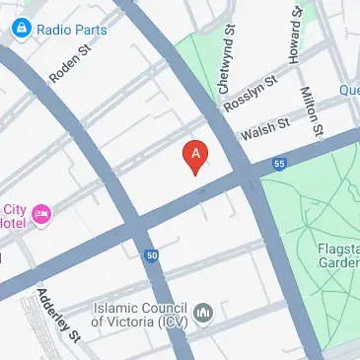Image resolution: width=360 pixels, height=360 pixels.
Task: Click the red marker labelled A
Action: click(196, 156)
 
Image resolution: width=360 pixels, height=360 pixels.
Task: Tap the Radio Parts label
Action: click(70, 30)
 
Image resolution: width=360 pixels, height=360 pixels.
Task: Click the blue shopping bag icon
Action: click(22, 30)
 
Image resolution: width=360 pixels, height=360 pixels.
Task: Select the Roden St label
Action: click(70, 65)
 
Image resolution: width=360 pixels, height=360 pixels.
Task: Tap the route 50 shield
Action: click(151, 255)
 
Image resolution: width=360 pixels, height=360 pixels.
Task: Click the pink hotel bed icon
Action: click(40, 213)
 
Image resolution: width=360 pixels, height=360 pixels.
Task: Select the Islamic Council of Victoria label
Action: click(141, 314)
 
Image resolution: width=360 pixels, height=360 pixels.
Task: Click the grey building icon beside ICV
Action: click(204, 314)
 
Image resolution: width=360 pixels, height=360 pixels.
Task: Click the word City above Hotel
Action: click(14, 208)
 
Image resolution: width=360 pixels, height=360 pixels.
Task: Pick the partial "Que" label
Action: click(349, 90)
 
